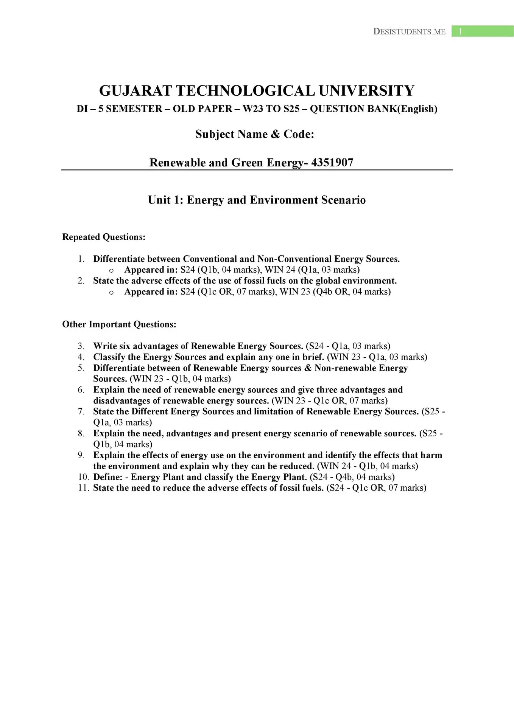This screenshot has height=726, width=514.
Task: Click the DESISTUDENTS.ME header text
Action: tap(409, 32)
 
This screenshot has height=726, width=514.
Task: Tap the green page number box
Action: tap(482, 31)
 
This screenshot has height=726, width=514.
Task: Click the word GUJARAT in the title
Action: tap(135, 91)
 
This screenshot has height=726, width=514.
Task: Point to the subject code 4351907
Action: tap(332, 163)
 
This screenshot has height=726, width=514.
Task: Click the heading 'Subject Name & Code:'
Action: tap(255, 134)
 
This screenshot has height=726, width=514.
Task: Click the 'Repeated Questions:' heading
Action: tap(104, 237)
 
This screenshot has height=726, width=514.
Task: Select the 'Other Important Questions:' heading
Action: tap(119, 324)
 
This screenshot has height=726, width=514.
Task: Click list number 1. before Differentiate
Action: tap(81, 259)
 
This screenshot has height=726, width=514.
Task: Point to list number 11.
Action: tap(83, 488)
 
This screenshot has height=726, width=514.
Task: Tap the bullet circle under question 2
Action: tap(111, 292)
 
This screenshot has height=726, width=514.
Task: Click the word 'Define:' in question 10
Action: tap(108, 477)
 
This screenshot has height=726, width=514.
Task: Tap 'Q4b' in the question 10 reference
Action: tap(344, 477)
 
